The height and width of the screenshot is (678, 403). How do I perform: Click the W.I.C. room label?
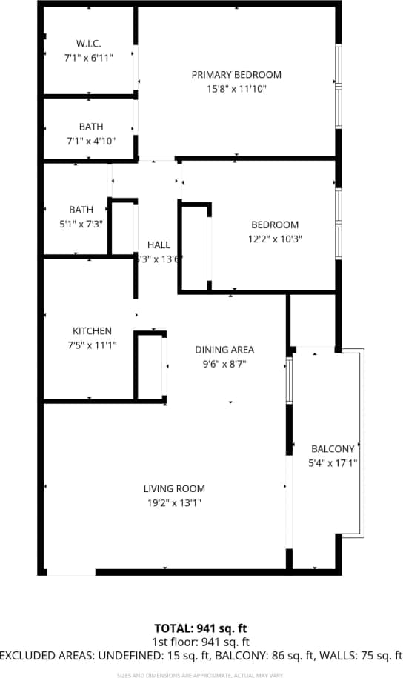click(88, 43)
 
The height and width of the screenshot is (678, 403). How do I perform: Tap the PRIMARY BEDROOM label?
click(236, 75)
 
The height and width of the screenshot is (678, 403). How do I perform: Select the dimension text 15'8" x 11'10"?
click(236, 89)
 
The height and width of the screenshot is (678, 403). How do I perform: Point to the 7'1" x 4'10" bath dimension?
click(88, 141)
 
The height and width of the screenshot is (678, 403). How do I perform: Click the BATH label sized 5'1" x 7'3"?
click(81, 210)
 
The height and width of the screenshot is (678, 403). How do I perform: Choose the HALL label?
click(159, 245)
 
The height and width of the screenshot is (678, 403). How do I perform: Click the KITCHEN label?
click(92, 330)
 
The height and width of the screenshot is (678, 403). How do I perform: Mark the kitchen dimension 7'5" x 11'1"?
click(92, 345)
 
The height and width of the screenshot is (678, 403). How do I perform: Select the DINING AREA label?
click(224, 350)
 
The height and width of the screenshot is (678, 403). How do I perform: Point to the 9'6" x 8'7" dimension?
click(224, 364)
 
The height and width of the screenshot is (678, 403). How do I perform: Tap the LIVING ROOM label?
click(174, 488)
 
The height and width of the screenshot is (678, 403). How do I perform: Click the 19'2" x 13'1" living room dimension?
click(174, 502)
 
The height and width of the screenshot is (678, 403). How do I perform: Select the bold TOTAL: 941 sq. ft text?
click(201, 628)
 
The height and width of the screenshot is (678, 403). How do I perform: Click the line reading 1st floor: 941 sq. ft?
click(201, 642)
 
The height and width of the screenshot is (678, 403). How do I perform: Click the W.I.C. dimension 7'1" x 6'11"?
click(88, 57)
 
